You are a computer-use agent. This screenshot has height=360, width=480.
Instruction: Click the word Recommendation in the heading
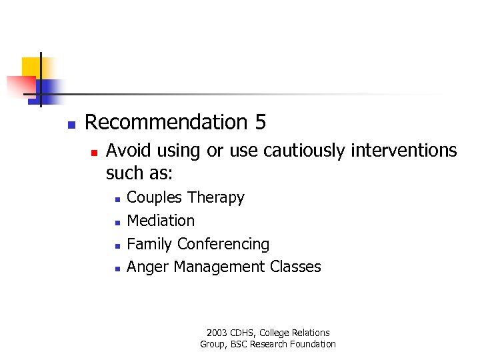166,123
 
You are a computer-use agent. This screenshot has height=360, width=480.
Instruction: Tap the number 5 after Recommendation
260,123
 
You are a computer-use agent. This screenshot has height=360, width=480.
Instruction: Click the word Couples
155,198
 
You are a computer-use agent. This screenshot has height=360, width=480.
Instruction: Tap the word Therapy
216,198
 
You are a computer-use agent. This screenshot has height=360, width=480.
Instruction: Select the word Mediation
161,221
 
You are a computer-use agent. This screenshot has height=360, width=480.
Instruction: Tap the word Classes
295,267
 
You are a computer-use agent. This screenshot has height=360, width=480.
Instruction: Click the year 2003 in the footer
217,333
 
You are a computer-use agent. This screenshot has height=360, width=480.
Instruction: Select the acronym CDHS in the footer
243,333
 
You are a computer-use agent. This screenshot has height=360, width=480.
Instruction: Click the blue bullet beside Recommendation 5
71,125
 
